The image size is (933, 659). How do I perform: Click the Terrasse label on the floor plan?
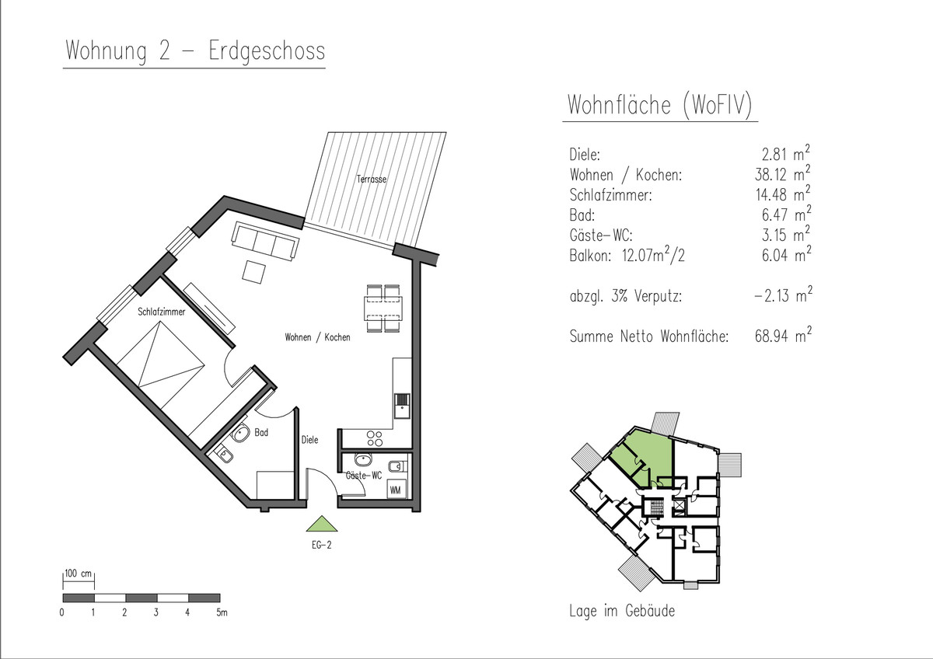[371, 179]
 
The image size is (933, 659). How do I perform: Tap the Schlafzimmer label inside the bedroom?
[161, 312]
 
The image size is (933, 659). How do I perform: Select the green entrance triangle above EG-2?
[322, 524]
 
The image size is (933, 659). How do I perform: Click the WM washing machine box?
[395, 490]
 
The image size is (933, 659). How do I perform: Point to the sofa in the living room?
[265, 242]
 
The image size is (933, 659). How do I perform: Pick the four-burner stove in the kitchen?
[375, 438]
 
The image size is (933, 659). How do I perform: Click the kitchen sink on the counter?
[402, 406]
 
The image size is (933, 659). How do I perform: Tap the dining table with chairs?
[383, 308]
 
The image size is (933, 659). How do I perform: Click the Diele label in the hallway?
[309, 440]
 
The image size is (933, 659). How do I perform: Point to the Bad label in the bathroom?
[261, 433]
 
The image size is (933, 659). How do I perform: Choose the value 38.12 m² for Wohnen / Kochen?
[783, 173]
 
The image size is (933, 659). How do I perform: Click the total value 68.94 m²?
[783, 335]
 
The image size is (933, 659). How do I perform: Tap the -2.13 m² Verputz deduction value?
[783, 295]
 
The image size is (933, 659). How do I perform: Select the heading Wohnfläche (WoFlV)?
[660, 104]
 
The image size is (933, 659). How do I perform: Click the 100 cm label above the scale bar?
[78, 574]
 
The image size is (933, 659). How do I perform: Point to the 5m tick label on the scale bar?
[222, 612]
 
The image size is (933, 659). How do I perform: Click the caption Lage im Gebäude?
[622, 611]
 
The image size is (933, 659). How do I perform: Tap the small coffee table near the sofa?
[254, 272]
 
